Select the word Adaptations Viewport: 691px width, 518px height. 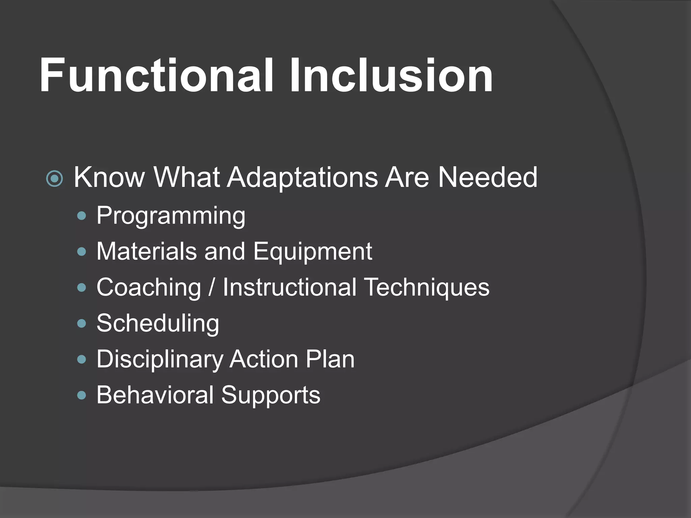tap(302, 178)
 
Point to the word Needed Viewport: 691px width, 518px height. tap(487, 177)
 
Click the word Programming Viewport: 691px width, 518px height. tap(171, 216)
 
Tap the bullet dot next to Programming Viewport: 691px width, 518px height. tap(82, 216)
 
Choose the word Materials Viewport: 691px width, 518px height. tap(146, 251)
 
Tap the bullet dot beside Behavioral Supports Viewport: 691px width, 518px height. tap(82, 395)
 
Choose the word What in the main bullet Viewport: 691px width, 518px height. tap(187, 177)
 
